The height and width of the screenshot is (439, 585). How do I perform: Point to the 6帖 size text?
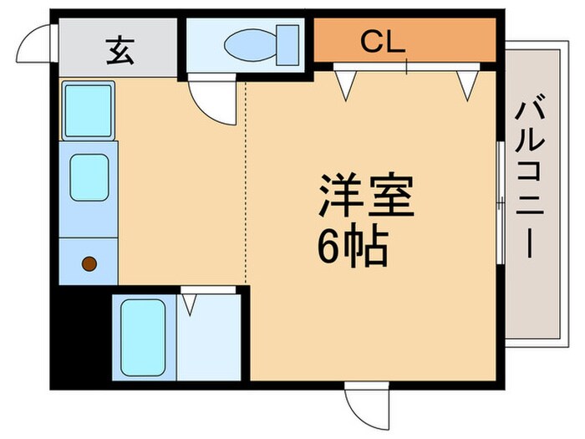tap(350, 244)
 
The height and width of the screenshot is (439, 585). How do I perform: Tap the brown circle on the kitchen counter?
tap(89, 265)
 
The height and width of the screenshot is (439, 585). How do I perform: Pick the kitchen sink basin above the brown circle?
tap(89, 176)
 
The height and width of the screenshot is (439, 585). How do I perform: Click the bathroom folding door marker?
tap(190, 302)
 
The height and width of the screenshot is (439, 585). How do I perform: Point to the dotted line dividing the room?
tap(246, 184)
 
